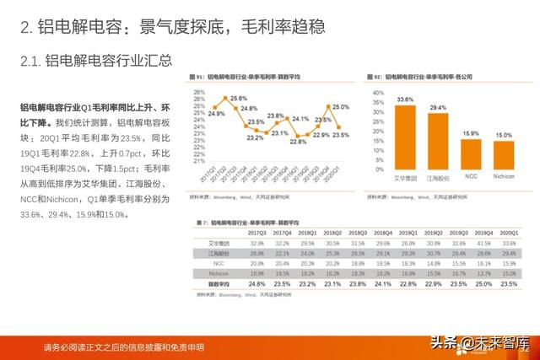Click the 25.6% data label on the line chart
[x=238, y=99]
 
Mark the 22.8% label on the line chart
[x=297, y=142]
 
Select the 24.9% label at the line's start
[x=215, y=113]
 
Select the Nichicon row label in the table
[x=218, y=273]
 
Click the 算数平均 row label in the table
[x=218, y=284]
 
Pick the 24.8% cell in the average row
[x=257, y=284]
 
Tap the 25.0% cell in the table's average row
[x=483, y=284]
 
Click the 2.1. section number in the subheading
[x=30, y=61]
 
